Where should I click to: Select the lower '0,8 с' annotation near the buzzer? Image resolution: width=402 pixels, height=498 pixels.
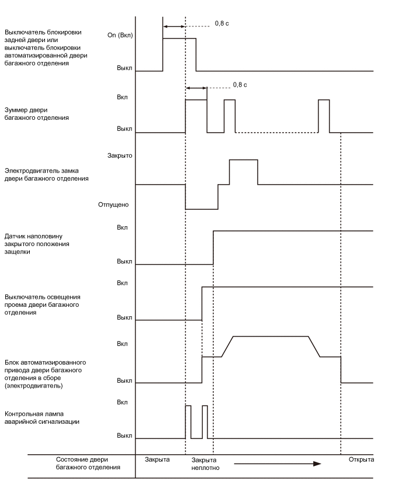(240, 85)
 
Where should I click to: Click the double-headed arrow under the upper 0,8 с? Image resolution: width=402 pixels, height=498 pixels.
(174, 26)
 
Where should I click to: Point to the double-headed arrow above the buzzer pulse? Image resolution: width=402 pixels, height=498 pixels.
(196, 88)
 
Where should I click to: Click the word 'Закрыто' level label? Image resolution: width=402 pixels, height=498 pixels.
(121, 156)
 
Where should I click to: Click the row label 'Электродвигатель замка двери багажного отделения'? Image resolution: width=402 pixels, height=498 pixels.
(46, 175)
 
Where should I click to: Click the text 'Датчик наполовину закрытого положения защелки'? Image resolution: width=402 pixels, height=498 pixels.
(37, 244)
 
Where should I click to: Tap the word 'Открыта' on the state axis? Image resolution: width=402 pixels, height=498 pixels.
(361, 460)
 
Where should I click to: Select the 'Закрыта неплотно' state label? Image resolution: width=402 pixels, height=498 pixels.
(205, 464)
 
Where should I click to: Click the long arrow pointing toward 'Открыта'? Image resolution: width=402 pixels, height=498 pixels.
(277, 464)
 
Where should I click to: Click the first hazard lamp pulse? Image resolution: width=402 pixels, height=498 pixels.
(188, 421)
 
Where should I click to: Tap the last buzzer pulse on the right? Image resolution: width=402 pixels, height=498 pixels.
(324, 116)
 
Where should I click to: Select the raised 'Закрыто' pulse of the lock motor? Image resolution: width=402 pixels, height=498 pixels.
(244, 171)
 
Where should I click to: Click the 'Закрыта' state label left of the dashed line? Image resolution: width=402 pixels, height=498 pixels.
(157, 460)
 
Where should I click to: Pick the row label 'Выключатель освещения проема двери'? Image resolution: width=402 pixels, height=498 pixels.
(41, 305)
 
